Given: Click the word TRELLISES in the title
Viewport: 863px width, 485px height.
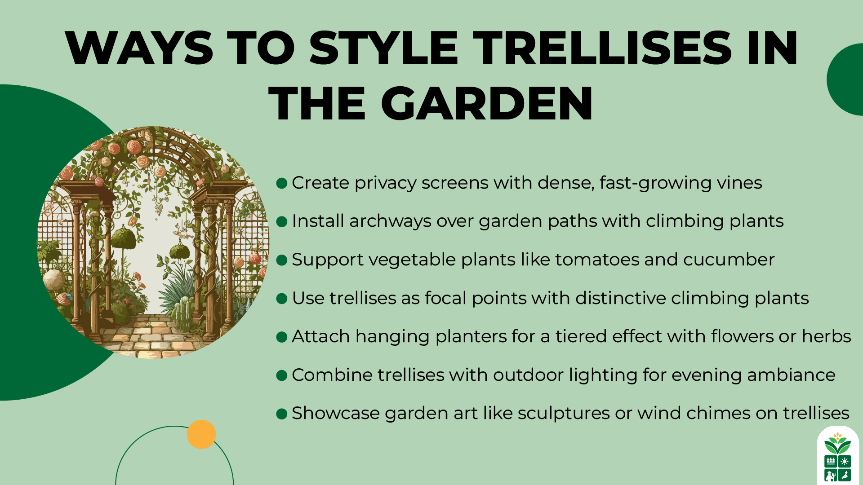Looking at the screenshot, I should click(x=602, y=48).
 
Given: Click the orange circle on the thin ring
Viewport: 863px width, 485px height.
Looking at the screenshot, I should click(x=201, y=434).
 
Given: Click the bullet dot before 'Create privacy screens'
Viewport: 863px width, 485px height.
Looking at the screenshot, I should click(x=282, y=183).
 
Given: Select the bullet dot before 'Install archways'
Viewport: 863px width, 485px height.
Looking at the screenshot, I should click(x=282, y=221).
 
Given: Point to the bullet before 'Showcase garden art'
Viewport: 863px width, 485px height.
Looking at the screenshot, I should click(x=282, y=414).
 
